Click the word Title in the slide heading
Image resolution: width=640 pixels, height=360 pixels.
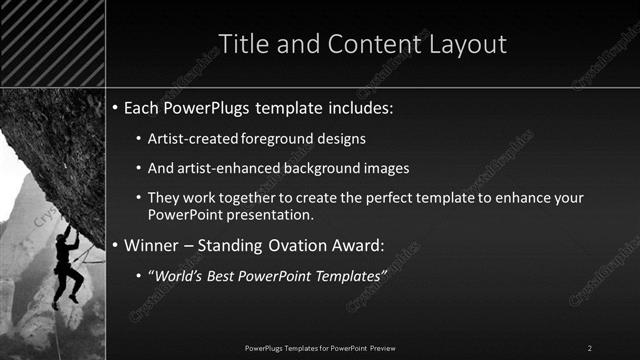tap(244, 45)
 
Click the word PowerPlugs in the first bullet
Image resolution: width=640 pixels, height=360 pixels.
tap(211, 106)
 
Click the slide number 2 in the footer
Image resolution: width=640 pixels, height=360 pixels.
tap(590, 347)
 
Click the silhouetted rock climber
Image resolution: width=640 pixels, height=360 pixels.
tap(68, 264)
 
